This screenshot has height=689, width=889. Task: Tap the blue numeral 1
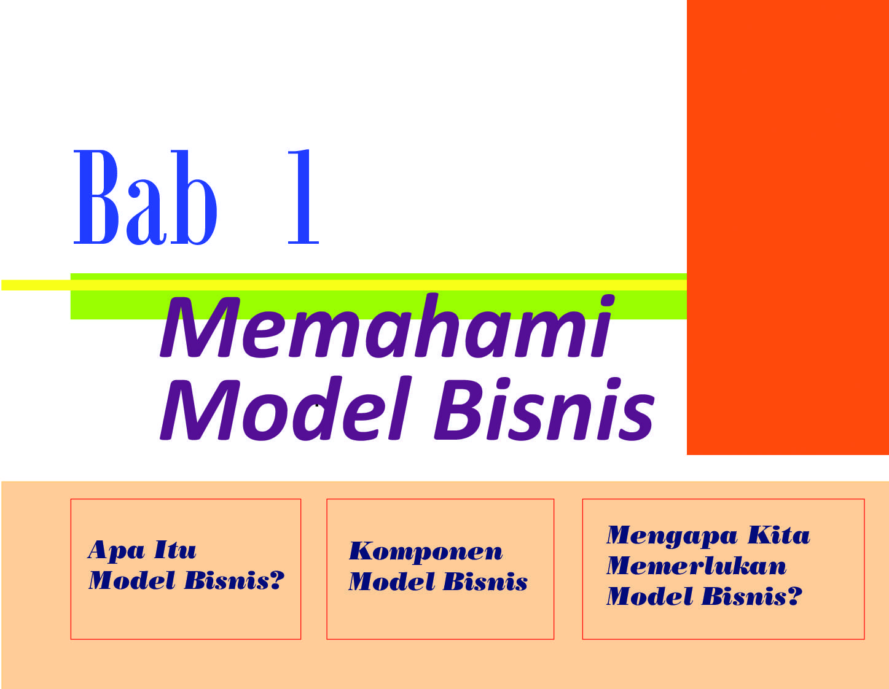click(304, 197)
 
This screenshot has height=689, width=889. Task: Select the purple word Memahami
click(387, 326)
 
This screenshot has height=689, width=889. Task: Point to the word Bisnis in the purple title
click(544, 408)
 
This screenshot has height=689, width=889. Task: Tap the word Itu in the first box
click(175, 550)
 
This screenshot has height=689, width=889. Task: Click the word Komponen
click(426, 551)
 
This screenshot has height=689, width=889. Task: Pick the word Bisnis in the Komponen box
click(485, 582)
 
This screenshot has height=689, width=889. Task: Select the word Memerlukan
click(696, 566)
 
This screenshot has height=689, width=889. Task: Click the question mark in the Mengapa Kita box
click(794, 596)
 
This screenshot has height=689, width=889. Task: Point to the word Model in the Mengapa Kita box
click(649, 596)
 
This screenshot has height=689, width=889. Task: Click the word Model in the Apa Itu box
click(131, 581)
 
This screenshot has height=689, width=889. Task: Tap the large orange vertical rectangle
click(788, 227)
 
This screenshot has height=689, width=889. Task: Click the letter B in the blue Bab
click(96, 197)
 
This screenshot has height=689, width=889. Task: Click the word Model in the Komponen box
click(391, 582)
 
